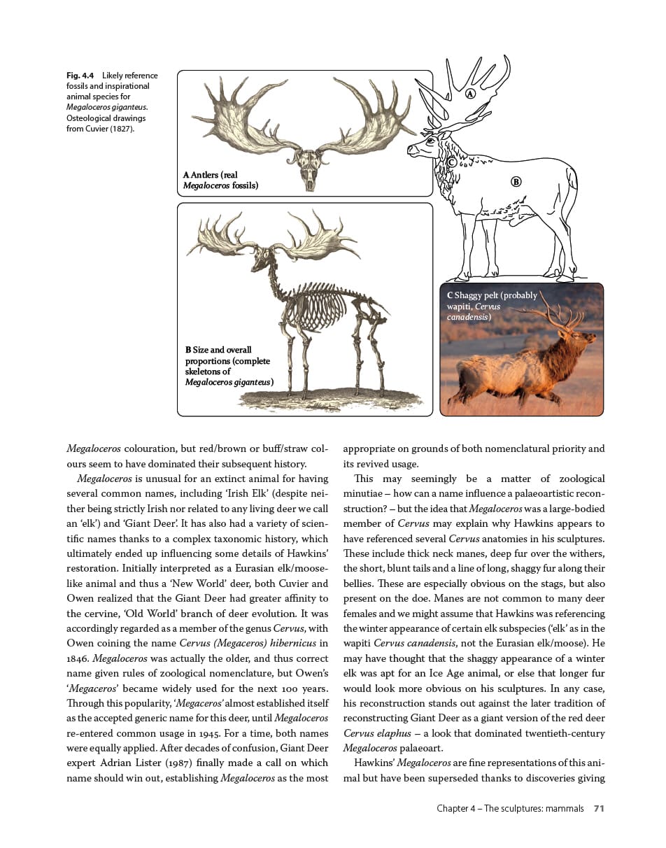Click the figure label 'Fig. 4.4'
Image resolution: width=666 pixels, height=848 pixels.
[x=80, y=76]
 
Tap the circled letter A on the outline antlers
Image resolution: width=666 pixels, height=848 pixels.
[x=470, y=93]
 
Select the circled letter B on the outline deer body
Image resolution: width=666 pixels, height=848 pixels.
[x=516, y=182]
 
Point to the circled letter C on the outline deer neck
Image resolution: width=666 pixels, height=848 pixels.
[x=452, y=162]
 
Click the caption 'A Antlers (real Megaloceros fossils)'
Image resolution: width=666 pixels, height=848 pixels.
[x=220, y=181]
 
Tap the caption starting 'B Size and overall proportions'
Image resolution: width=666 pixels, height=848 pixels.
[x=228, y=366]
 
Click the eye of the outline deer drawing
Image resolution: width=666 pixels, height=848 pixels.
[x=429, y=141]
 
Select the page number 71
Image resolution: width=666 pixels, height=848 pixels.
[x=598, y=808]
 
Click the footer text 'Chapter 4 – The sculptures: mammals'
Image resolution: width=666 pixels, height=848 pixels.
[x=510, y=808]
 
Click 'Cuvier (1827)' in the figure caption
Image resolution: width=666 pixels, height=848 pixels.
[x=105, y=129]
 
